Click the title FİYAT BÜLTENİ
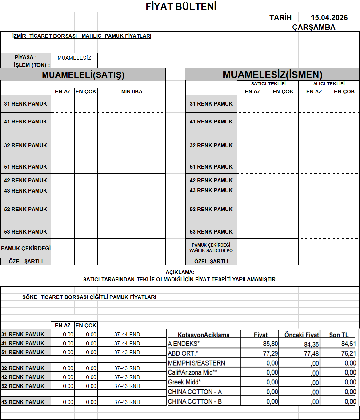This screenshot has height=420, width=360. click(x=181, y=6)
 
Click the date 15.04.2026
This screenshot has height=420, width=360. click(x=329, y=18)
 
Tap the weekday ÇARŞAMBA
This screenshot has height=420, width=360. click(x=314, y=27)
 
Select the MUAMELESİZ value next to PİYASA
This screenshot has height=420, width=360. click(x=74, y=58)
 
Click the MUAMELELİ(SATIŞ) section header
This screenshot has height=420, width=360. click(x=83, y=75)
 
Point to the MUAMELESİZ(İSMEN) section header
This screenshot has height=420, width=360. click(x=272, y=75)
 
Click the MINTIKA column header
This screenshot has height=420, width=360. click(x=132, y=91)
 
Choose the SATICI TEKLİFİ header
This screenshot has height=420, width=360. click(x=268, y=84)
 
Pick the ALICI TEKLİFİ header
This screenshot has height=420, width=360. click(x=329, y=84)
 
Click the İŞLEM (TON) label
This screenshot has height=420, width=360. click(x=32, y=65)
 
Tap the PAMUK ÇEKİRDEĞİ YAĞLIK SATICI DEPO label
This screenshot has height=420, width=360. click(x=211, y=248)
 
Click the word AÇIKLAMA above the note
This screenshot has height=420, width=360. click(x=180, y=272)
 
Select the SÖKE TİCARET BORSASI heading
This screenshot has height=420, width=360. click(x=89, y=297)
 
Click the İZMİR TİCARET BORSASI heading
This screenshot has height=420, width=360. click(x=82, y=36)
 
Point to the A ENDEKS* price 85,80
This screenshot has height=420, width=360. click(x=270, y=344)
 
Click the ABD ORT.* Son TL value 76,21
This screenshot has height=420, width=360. click(x=348, y=353)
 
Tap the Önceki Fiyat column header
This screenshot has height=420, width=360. click(x=301, y=335)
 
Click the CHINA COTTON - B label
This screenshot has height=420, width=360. click(x=195, y=401)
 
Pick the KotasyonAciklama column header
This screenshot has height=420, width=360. click(x=204, y=335)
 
